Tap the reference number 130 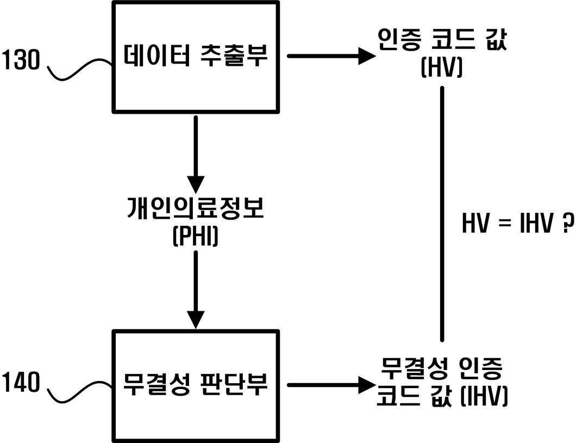pyautogui.click(x=21, y=60)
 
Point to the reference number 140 pyautogui.click(x=21, y=382)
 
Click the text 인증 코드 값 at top pyautogui.click(x=442, y=40)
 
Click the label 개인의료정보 pyautogui.click(x=196, y=208)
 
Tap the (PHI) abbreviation pyautogui.click(x=196, y=236)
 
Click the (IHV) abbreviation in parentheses pyautogui.click(x=484, y=396)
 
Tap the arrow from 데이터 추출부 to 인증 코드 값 pyautogui.click(x=331, y=56)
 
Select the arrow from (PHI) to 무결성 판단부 pyautogui.click(x=196, y=290)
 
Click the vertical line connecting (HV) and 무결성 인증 pyautogui.click(x=442, y=214)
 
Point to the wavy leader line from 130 pyautogui.click(x=80, y=69)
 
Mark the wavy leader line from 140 pyautogui.click(x=80, y=391)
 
